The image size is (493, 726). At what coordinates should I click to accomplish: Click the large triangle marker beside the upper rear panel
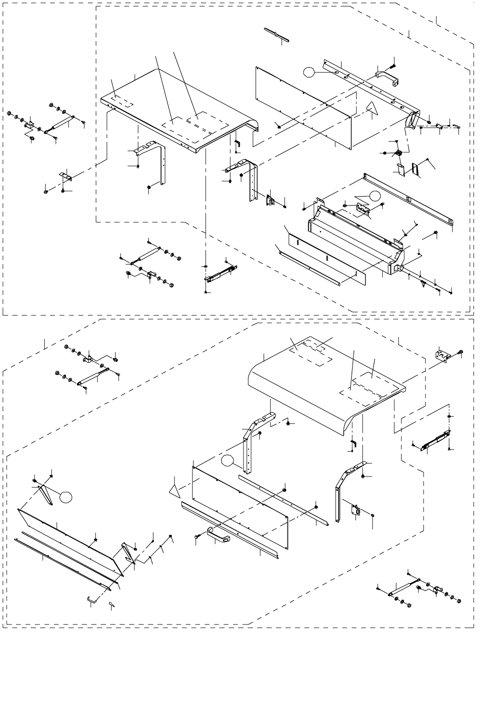point(373,109)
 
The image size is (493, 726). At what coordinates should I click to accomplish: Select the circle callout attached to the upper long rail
point(309,72)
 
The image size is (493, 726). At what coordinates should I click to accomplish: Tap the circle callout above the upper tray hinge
point(375,195)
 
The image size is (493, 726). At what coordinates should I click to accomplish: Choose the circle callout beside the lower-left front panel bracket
point(65,497)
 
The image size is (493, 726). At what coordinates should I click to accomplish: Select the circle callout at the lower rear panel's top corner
point(228,460)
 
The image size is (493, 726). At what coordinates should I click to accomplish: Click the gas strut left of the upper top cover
point(59,125)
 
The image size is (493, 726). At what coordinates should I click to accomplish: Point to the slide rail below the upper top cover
point(220,273)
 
